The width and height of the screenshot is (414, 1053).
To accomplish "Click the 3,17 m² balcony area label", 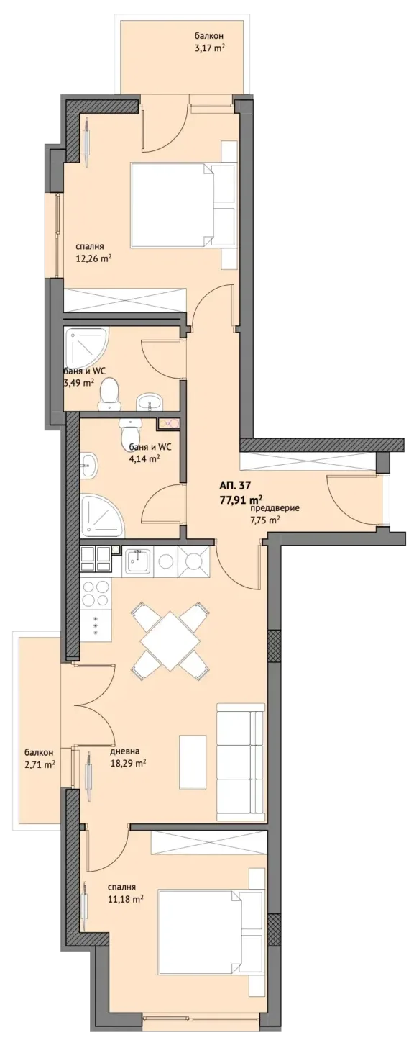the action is point(207,48).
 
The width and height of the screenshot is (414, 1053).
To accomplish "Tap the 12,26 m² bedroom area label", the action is point(93,257).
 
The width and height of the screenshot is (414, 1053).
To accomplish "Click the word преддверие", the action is point(274,509).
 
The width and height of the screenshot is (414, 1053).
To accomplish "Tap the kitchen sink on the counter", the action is point(137,561).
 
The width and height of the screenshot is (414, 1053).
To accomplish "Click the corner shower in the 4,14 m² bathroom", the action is point(103,515).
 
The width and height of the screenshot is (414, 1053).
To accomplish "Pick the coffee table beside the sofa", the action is point(192,761).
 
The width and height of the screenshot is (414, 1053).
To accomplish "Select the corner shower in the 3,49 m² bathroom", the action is point(86,351).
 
